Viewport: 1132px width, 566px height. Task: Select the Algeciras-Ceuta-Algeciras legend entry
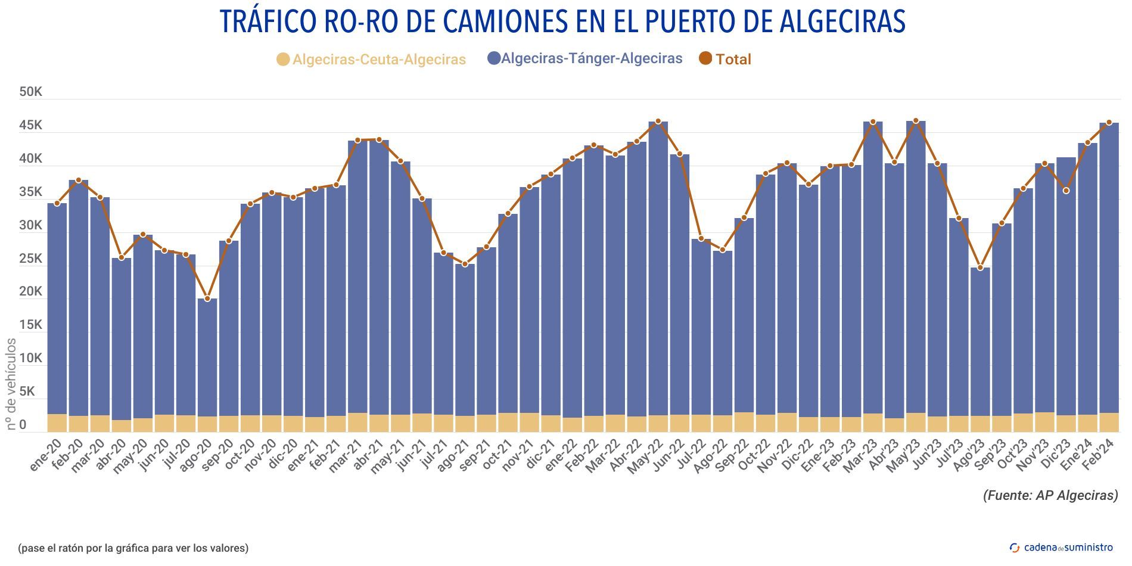(371, 60)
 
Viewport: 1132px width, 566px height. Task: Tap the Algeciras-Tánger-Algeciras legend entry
(584, 58)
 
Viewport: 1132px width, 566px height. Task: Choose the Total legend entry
(725, 59)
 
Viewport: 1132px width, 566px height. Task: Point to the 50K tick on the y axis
(30, 92)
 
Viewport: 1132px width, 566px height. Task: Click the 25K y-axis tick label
(30, 259)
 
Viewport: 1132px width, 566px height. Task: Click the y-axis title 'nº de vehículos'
(11, 384)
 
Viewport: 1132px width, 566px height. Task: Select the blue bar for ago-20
(207, 357)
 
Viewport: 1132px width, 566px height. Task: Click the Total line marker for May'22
(658, 122)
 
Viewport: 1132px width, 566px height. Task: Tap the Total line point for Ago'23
(980, 268)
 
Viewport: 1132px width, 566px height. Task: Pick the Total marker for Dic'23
(1066, 191)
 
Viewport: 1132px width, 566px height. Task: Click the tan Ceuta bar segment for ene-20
(57, 422)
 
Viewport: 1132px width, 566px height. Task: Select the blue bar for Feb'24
(1109, 268)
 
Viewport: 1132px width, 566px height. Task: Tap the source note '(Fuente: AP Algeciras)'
(1050, 495)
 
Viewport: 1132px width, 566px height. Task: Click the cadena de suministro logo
(1061, 547)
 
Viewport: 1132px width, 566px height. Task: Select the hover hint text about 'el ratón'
(133, 548)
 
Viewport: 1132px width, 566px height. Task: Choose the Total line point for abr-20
(122, 258)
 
